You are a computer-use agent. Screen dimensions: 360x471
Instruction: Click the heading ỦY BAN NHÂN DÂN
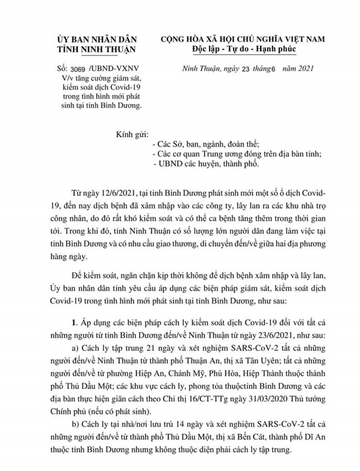tap(97, 39)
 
